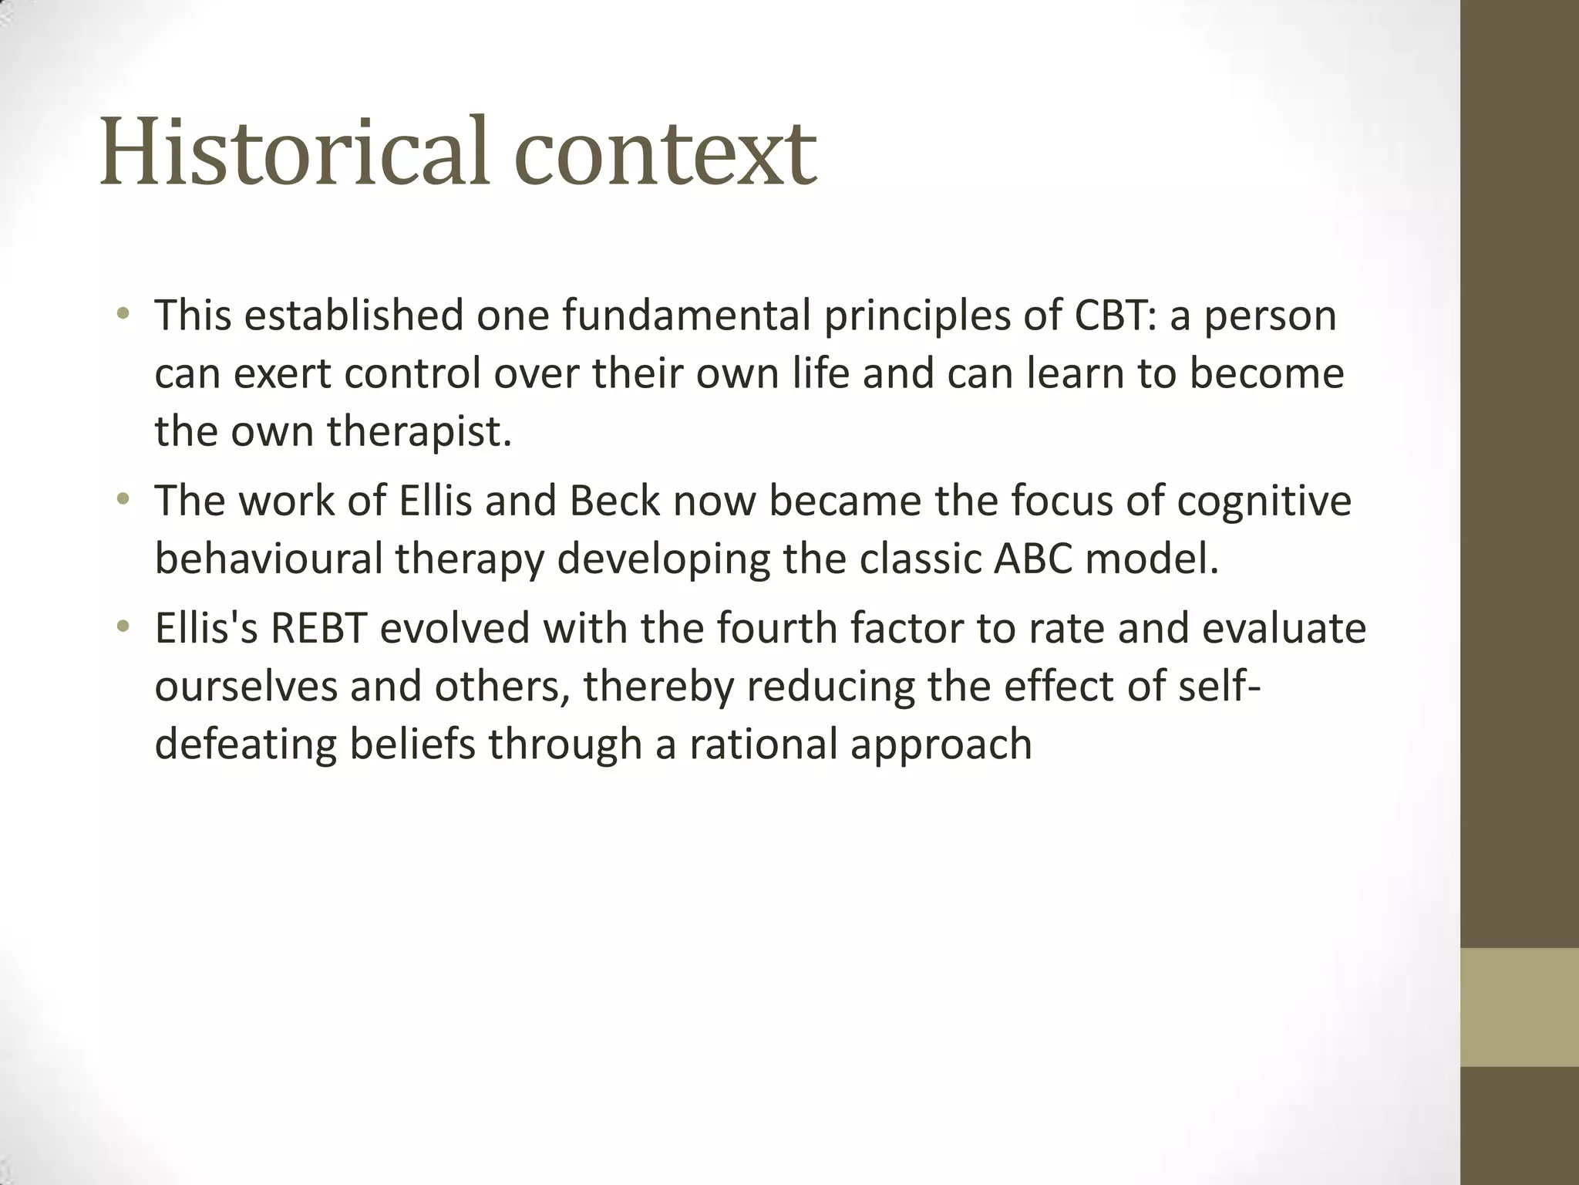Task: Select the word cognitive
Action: [x=1264, y=501]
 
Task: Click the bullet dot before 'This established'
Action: [x=123, y=315]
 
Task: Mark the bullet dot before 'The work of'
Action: [x=123, y=500]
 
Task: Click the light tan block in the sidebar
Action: [x=1519, y=1007]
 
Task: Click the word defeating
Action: [x=245, y=745]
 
